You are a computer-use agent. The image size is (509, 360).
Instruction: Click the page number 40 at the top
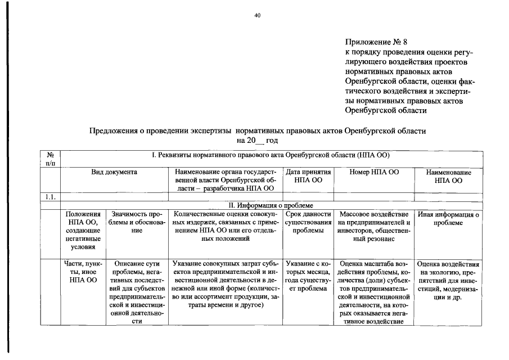pos(257,16)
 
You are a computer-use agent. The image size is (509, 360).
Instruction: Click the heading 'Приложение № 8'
pos(375,42)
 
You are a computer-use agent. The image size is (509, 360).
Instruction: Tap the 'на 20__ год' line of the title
pos(257,139)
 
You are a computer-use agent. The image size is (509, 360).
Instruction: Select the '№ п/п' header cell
pos(50,159)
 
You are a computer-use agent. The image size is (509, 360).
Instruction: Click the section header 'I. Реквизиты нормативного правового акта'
pos(270,155)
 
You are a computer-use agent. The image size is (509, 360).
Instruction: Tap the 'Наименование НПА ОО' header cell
pos(448,177)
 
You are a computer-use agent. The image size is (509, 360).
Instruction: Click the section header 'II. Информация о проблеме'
pos(270,205)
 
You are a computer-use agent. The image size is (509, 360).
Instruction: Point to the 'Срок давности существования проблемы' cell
pos(308,223)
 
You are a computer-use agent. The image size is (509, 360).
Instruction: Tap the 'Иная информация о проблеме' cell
pos(448,219)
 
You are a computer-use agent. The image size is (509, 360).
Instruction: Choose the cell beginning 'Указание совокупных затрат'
pos(225,283)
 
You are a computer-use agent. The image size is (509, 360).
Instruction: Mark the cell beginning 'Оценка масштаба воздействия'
pos(373,292)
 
